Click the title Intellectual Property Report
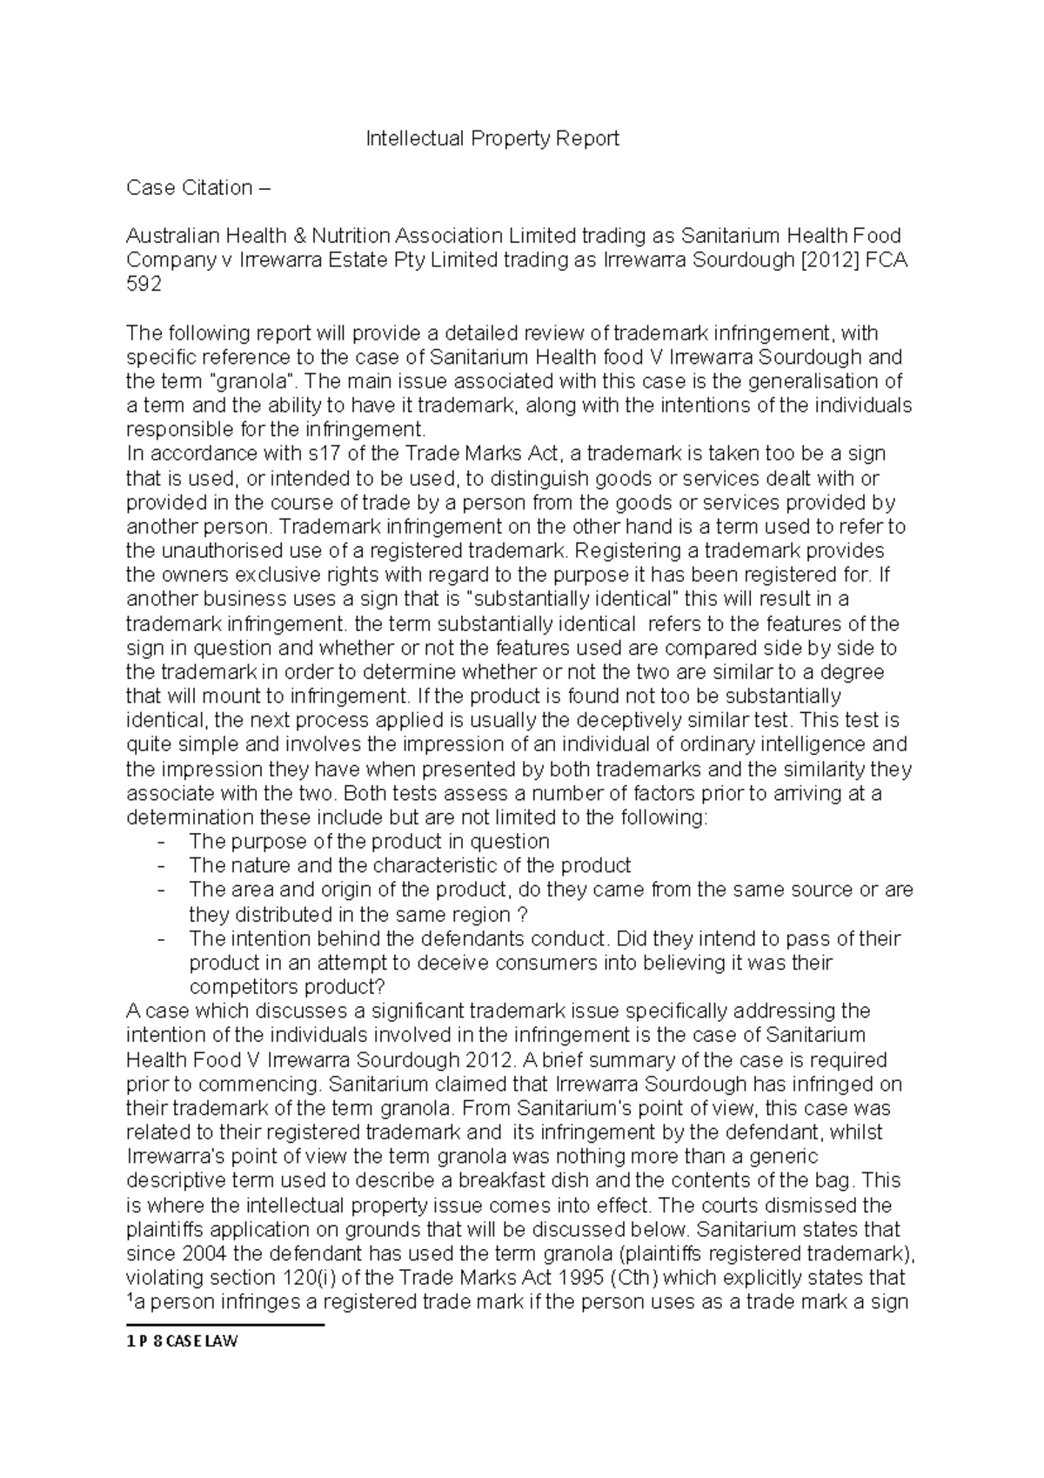coord(492,138)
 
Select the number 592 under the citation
coord(144,285)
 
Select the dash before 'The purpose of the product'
coord(161,842)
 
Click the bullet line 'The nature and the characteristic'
coord(409,866)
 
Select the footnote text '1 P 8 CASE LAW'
coord(182,1341)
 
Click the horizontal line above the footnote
coord(224,1326)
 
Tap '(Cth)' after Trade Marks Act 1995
coord(636,1279)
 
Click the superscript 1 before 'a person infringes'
coord(130,1299)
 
